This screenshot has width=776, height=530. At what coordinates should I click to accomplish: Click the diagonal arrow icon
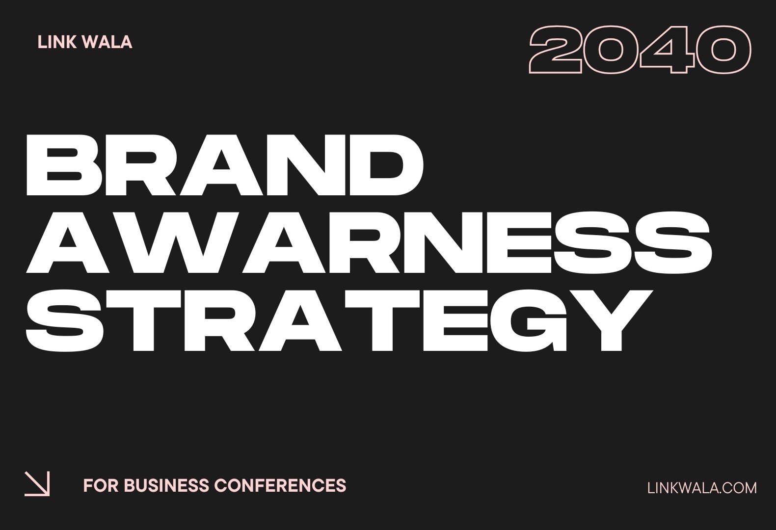point(37,484)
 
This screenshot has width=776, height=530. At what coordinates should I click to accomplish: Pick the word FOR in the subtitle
point(100,485)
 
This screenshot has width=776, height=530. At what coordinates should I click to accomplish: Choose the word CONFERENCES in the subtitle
point(280,485)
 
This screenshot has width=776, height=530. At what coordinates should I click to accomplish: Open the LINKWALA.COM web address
point(702,488)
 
